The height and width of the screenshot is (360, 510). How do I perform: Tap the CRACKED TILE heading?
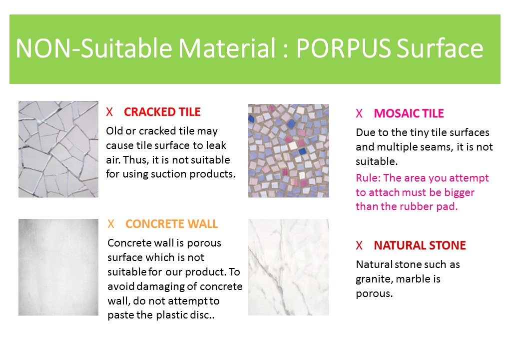162,112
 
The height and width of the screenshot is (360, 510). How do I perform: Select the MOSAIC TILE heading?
409,113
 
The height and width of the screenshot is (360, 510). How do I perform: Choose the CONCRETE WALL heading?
171,224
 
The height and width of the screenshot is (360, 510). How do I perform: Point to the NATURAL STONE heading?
420,245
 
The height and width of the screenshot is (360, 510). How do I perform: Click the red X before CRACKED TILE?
109,112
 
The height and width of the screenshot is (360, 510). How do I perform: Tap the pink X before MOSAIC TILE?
359,113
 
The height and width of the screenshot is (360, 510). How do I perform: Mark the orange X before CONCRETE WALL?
111,224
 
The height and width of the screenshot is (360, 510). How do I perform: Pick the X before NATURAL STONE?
359,245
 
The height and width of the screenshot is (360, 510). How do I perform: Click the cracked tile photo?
58,149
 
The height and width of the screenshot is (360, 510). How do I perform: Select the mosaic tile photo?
288,150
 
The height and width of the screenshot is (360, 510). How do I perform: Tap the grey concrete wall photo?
58,267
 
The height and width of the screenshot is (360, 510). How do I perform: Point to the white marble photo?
288,267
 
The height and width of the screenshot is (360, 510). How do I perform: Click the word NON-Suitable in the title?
94,48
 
